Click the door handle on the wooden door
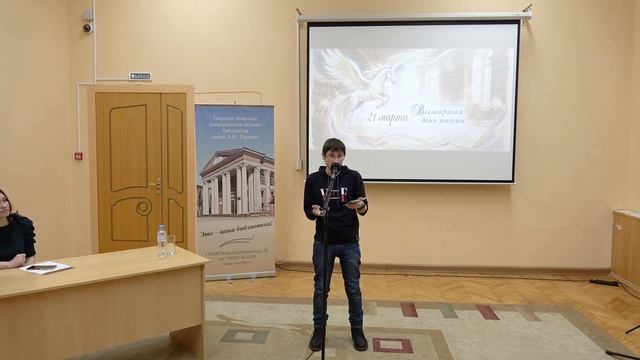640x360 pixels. (x=157, y=184)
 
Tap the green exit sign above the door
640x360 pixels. (x=140, y=76)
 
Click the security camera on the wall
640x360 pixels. (x=88, y=27)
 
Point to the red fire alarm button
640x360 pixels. (x=78, y=156)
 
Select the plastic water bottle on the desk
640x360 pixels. (x=161, y=240)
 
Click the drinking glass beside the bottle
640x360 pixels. (x=170, y=245)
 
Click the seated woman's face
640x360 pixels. (x=5, y=207)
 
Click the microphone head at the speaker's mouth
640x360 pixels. (x=334, y=167)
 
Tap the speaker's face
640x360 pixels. (x=335, y=155)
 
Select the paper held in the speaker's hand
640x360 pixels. (x=355, y=203)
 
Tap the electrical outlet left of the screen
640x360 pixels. (x=297, y=164)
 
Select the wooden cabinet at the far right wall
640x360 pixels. (x=627, y=248)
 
